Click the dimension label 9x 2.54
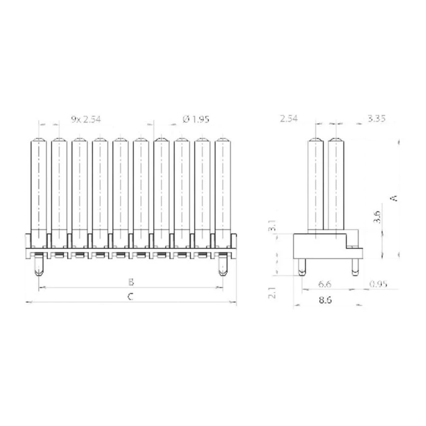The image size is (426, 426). click(86, 119)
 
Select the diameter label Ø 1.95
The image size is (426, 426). click(196, 119)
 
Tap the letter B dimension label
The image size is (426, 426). click(131, 282)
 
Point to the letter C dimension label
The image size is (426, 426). click(131, 297)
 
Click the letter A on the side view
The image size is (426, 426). click(394, 198)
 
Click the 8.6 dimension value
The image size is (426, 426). click(326, 299)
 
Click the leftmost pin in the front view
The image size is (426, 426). click(39, 187)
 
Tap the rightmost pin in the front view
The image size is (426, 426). click(223, 187)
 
